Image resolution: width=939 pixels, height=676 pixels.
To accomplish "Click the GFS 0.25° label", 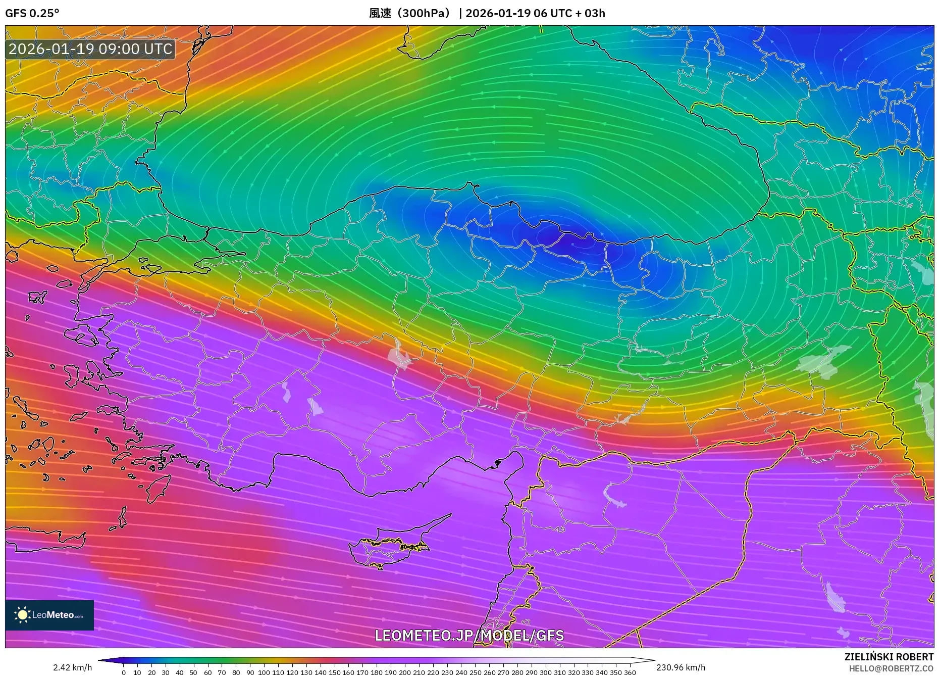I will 32,13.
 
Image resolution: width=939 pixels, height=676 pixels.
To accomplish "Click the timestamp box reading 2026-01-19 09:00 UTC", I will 90,49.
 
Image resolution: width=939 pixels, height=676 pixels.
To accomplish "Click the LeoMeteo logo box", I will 49,615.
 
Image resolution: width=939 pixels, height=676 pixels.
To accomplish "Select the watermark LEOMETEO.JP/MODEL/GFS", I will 469,636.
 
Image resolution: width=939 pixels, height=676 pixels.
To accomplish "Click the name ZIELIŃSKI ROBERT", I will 889,657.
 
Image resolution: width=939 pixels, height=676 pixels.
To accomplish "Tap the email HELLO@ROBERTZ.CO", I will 891,668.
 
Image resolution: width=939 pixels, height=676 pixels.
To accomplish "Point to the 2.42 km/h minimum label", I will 72,667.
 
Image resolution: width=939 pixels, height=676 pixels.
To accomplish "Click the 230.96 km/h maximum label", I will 681,667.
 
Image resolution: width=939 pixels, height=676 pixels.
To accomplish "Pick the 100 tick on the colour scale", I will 264,672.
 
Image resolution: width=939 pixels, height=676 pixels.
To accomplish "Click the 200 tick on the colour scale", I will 404,672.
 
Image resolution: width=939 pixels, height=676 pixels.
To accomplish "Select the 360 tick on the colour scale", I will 630,672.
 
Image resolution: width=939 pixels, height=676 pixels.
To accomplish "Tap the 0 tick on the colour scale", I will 124,672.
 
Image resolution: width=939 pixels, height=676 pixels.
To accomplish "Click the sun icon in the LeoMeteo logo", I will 22,615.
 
